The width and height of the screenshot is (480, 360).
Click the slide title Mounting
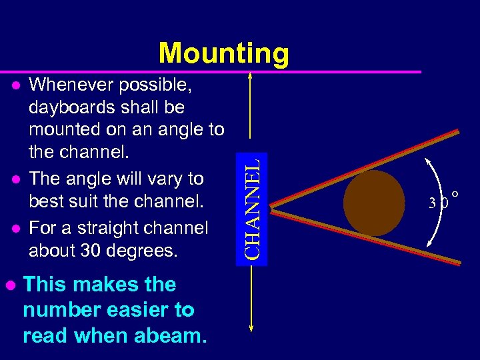[x=223, y=53]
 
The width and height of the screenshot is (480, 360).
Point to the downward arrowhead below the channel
[x=251, y=327]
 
